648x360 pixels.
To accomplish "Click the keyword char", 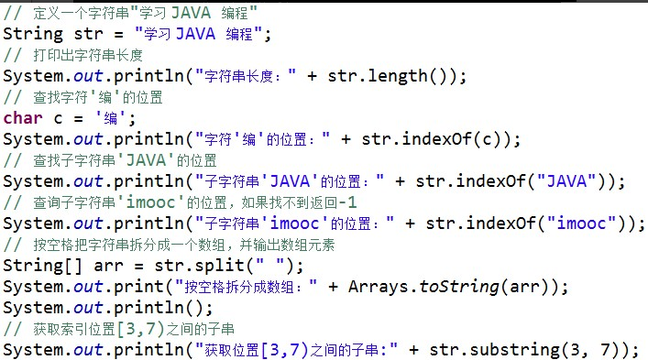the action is click(23, 118).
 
